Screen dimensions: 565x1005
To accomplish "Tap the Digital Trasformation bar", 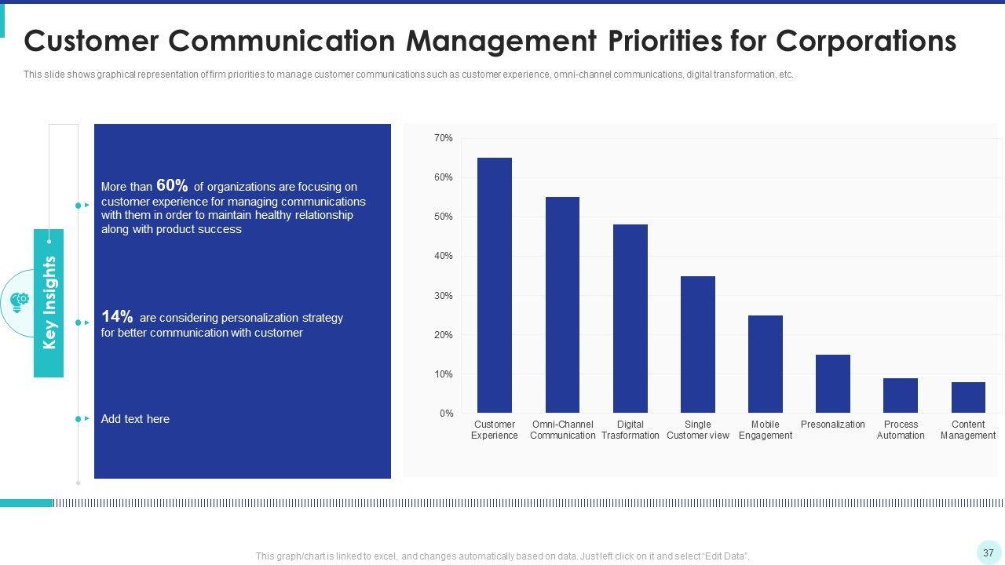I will pyautogui.click(x=630, y=319).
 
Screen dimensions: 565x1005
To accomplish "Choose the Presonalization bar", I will pyautogui.click(x=832, y=384).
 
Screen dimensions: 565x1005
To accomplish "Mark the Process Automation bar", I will pyautogui.click(x=900, y=395).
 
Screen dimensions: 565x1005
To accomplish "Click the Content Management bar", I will pyautogui.click(x=967, y=397).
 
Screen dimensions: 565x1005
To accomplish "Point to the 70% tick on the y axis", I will pyautogui.click(x=443, y=138).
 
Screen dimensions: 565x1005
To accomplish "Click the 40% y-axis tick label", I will pyautogui.click(x=443, y=256).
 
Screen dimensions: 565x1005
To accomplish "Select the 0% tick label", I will pyautogui.click(x=446, y=414).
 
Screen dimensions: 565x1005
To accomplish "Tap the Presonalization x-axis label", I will pyautogui.click(x=832, y=425).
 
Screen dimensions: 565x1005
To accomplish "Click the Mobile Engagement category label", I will pyautogui.click(x=765, y=430).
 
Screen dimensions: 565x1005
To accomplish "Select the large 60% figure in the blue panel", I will pyautogui.click(x=172, y=185).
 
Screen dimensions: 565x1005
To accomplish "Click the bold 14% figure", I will pyautogui.click(x=117, y=316).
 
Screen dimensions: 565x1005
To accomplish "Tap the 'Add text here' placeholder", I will pyautogui.click(x=135, y=419).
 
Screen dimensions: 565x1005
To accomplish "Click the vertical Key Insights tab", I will pyautogui.click(x=49, y=303).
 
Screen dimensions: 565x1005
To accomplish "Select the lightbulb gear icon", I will pyautogui.click(x=19, y=302).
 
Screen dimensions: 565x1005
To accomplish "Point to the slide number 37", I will pyautogui.click(x=989, y=553).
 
